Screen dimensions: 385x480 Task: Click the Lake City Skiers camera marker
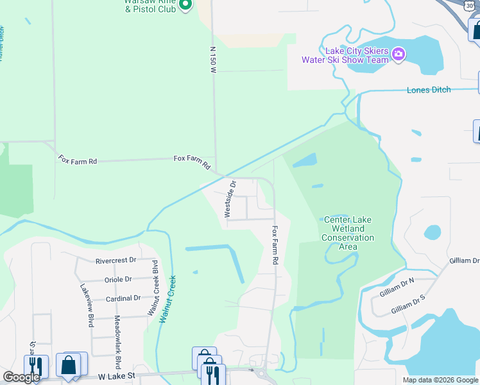[398, 53]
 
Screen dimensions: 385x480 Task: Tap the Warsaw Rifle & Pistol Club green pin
[185, 6]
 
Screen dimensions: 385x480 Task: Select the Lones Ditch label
[429, 90]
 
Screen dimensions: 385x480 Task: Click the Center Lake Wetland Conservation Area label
[348, 233]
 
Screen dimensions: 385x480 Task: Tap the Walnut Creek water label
[167, 299]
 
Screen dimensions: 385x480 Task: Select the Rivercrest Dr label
[116, 261]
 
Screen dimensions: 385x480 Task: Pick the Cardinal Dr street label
[123, 298]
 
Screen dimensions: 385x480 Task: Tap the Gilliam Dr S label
[402, 304]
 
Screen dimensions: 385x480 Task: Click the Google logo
[21, 377]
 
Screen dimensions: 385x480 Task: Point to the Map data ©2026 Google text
[440, 380]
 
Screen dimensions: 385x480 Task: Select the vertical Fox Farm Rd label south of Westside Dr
[275, 245]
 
